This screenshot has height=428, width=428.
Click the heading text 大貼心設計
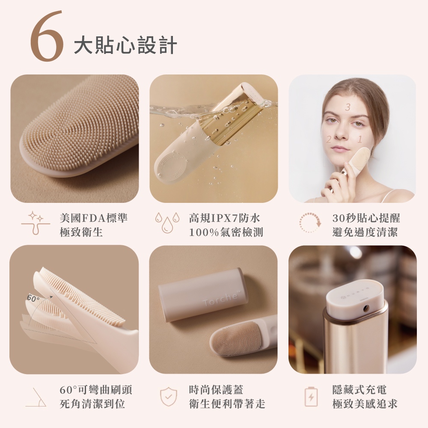click(125, 45)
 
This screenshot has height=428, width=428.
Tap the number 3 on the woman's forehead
click(348, 107)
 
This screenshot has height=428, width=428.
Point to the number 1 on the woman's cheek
click(360, 140)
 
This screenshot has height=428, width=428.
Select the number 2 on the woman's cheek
click(329, 140)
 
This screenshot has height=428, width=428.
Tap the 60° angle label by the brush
click(33, 298)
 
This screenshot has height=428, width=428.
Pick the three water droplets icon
click(167, 223)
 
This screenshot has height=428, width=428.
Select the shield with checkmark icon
click(169, 396)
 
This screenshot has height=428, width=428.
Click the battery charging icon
click(311, 396)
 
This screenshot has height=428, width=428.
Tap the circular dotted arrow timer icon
click(310, 223)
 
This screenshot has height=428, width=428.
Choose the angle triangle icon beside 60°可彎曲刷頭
click(36, 397)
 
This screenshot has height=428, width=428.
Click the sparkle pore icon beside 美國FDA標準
click(36, 223)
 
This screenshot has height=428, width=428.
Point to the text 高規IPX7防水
click(225, 218)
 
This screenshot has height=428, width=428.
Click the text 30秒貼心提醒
click(366, 218)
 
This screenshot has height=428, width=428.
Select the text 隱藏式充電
click(359, 389)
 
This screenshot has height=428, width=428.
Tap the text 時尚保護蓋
click(216, 389)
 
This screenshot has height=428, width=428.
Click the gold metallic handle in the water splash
click(234, 114)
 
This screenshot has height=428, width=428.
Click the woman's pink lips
click(340, 149)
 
